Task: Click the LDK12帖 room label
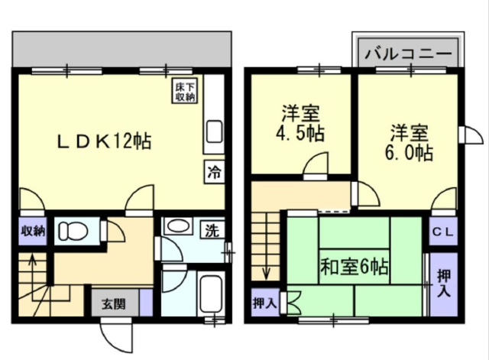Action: [105, 141]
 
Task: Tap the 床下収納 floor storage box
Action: [185, 91]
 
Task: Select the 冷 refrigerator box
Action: [215, 171]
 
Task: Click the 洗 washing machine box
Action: [212, 230]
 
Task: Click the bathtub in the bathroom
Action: [211, 293]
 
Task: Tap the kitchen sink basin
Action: [214, 131]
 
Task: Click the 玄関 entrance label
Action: [114, 304]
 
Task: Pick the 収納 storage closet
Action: [33, 231]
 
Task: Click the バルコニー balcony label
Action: [408, 54]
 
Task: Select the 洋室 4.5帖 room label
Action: [300, 123]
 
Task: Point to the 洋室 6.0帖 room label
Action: [409, 143]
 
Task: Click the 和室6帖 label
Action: [355, 268]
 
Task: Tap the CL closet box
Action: [443, 231]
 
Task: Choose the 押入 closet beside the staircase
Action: [265, 302]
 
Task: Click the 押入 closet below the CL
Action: [444, 284]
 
